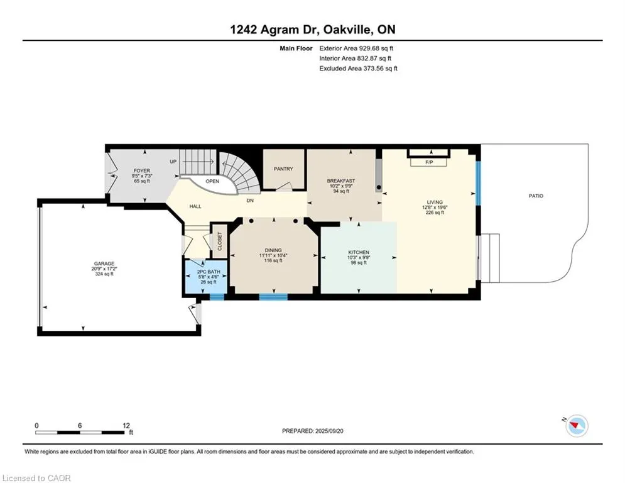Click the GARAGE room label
104,264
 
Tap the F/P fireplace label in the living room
429,162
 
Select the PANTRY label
283,169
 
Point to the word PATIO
536,196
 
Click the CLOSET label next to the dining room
220,241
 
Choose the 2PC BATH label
209,272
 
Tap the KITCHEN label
359,252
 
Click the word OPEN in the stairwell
212,181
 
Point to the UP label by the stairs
173,162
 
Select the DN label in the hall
250,201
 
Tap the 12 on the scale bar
126,426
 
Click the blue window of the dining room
273,297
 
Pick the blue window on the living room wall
479,183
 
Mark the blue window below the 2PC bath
217,297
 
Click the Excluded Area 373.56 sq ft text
358,69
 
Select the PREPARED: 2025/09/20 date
313,431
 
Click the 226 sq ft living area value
435,213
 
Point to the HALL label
195,206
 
